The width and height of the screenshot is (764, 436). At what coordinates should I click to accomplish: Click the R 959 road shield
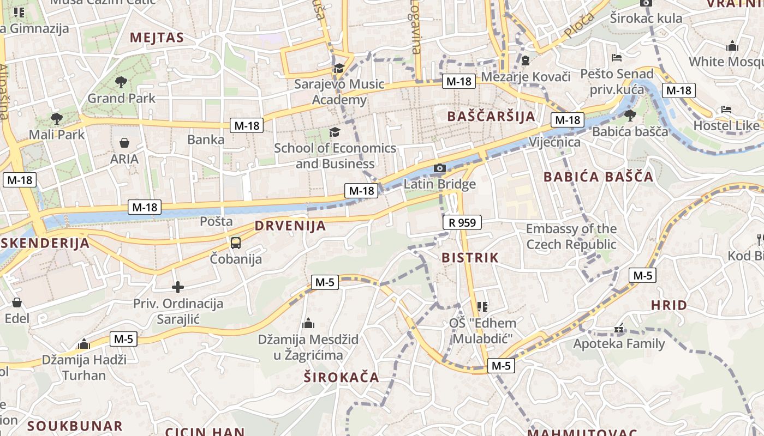pos(462,222)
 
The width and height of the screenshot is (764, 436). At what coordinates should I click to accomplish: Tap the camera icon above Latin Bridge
pos(440,168)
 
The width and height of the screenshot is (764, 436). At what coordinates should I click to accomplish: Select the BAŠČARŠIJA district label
pos(491,117)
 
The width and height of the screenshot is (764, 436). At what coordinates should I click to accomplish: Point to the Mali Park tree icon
pos(56,119)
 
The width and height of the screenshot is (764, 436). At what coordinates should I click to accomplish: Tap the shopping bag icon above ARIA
pos(124,143)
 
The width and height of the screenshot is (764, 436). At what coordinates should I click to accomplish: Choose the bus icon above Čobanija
pos(236,243)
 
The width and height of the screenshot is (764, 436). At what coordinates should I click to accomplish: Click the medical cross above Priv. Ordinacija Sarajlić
pos(178,287)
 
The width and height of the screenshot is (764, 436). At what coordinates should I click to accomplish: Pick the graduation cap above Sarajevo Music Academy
pos(339,69)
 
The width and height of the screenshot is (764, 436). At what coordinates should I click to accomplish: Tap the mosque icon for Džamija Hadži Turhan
pos(84,344)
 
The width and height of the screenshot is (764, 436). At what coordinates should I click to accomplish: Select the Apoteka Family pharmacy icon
pos(619,329)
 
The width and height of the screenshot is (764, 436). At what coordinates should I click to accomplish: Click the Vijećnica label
pos(555,142)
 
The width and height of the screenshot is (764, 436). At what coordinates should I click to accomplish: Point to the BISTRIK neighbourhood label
pos(470,258)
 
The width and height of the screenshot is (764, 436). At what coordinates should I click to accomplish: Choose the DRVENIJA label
pos(290,226)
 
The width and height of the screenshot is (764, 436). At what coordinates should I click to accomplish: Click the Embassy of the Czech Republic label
pos(571,237)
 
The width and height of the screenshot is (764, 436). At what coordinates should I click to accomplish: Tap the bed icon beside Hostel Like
pos(726,110)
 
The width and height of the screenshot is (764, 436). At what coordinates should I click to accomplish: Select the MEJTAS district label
pos(157,38)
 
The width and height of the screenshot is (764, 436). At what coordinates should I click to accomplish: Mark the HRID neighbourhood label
pos(669,305)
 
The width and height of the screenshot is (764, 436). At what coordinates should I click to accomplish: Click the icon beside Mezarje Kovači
pos(525,60)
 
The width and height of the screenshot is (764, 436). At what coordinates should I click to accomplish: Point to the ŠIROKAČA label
pos(341,377)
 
